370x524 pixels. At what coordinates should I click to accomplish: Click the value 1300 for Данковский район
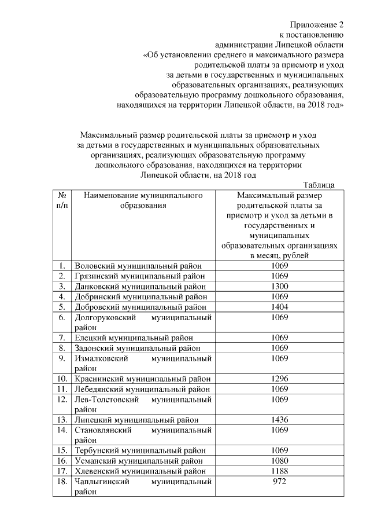280,286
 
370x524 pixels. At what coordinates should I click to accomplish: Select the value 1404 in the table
280,306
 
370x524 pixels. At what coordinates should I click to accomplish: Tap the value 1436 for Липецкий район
280,419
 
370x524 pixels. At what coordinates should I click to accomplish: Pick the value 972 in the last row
280,481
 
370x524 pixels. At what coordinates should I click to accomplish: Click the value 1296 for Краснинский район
280,379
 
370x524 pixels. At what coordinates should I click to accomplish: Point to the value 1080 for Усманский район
280,460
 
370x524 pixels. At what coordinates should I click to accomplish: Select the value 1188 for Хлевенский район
280,471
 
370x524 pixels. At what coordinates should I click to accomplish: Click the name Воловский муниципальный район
139,266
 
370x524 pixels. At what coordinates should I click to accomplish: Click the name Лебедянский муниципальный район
142,389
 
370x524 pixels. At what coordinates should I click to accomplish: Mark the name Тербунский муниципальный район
140,450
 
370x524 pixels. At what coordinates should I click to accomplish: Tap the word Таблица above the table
319,185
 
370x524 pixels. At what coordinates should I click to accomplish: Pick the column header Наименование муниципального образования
143,200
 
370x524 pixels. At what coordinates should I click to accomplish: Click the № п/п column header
62,200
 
